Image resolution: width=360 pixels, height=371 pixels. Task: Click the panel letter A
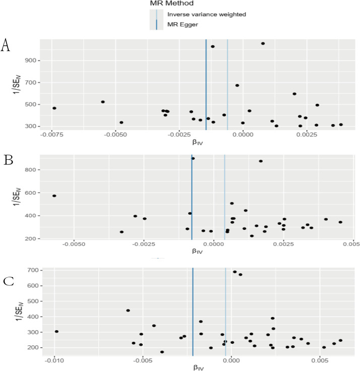6,45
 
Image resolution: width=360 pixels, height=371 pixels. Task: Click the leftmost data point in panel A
54,108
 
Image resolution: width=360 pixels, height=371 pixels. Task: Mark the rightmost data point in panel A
341,125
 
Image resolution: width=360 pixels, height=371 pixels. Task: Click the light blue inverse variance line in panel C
225,313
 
